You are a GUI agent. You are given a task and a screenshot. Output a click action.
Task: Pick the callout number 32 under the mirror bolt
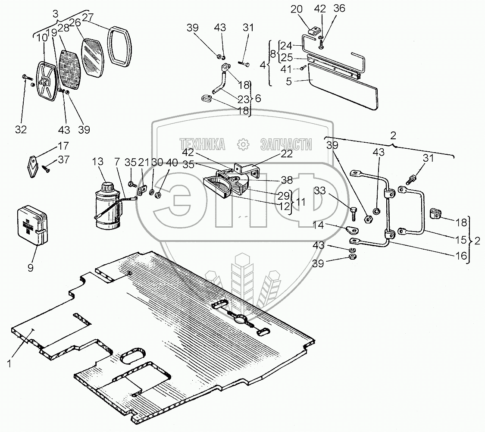(x=21, y=129)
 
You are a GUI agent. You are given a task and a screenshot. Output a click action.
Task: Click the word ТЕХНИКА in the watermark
(x=203, y=144)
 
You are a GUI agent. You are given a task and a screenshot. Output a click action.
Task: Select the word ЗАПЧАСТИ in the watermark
(x=286, y=144)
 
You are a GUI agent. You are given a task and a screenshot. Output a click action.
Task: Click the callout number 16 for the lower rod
(x=461, y=255)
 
